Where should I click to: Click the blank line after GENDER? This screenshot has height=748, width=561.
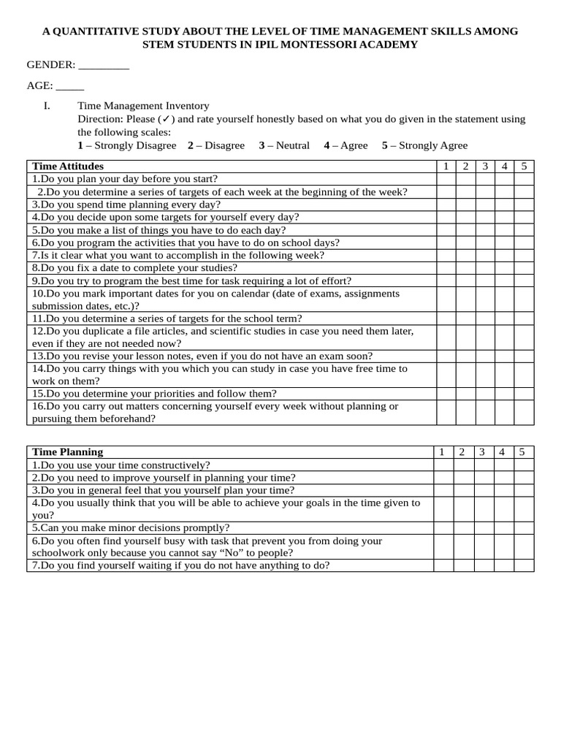pyautogui.click(x=103, y=65)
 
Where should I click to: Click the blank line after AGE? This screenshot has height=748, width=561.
pyautogui.click(x=70, y=85)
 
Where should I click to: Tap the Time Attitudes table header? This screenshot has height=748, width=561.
pyautogui.click(x=69, y=167)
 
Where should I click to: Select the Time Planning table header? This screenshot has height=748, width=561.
pyautogui.click(x=68, y=452)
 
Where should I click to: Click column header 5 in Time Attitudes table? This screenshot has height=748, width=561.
pyautogui.click(x=523, y=167)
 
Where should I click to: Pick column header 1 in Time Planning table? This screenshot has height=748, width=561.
pyautogui.click(x=442, y=452)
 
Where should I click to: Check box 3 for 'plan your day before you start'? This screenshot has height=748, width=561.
pyautogui.click(x=484, y=179)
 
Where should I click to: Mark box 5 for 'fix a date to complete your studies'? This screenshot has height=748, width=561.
pyautogui.click(x=523, y=267)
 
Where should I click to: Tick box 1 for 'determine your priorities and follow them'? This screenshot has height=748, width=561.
pyautogui.click(x=446, y=393)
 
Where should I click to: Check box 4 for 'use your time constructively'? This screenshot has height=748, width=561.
pyautogui.click(x=503, y=465)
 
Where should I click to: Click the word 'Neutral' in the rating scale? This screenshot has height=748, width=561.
pyautogui.click(x=292, y=145)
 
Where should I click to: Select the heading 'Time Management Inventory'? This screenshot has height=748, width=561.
pyautogui.click(x=143, y=106)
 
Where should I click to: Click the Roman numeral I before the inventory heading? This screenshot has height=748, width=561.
pyautogui.click(x=46, y=106)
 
